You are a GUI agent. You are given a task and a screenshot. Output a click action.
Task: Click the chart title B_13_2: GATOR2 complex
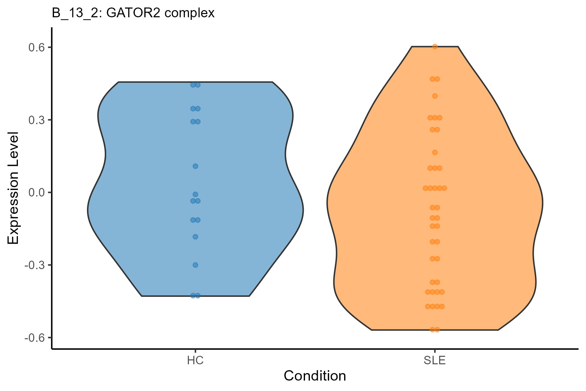[x=133, y=13]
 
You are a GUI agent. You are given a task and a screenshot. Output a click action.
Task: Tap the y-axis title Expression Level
[x=13, y=188]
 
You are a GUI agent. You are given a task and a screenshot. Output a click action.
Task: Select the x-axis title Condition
[x=315, y=376]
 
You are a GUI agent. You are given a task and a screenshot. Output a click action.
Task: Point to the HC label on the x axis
[x=195, y=361]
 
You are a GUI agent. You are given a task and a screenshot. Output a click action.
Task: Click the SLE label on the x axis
[x=435, y=361]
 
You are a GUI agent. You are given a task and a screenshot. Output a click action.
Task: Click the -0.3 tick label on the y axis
[x=35, y=265]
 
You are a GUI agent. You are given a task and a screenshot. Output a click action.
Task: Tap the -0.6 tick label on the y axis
[x=35, y=338]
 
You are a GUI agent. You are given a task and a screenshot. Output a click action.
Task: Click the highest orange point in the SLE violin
[x=435, y=47]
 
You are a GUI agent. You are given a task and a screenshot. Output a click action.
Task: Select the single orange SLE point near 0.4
[x=435, y=96]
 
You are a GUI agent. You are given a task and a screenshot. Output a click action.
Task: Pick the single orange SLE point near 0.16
[x=435, y=152]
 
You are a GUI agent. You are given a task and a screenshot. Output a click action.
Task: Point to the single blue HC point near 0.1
[x=195, y=166]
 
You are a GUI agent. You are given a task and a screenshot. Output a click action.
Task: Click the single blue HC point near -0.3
[x=195, y=265]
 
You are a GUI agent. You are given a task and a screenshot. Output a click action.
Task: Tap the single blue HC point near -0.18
[x=195, y=237]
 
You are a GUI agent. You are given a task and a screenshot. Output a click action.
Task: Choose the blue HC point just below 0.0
[x=195, y=194]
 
